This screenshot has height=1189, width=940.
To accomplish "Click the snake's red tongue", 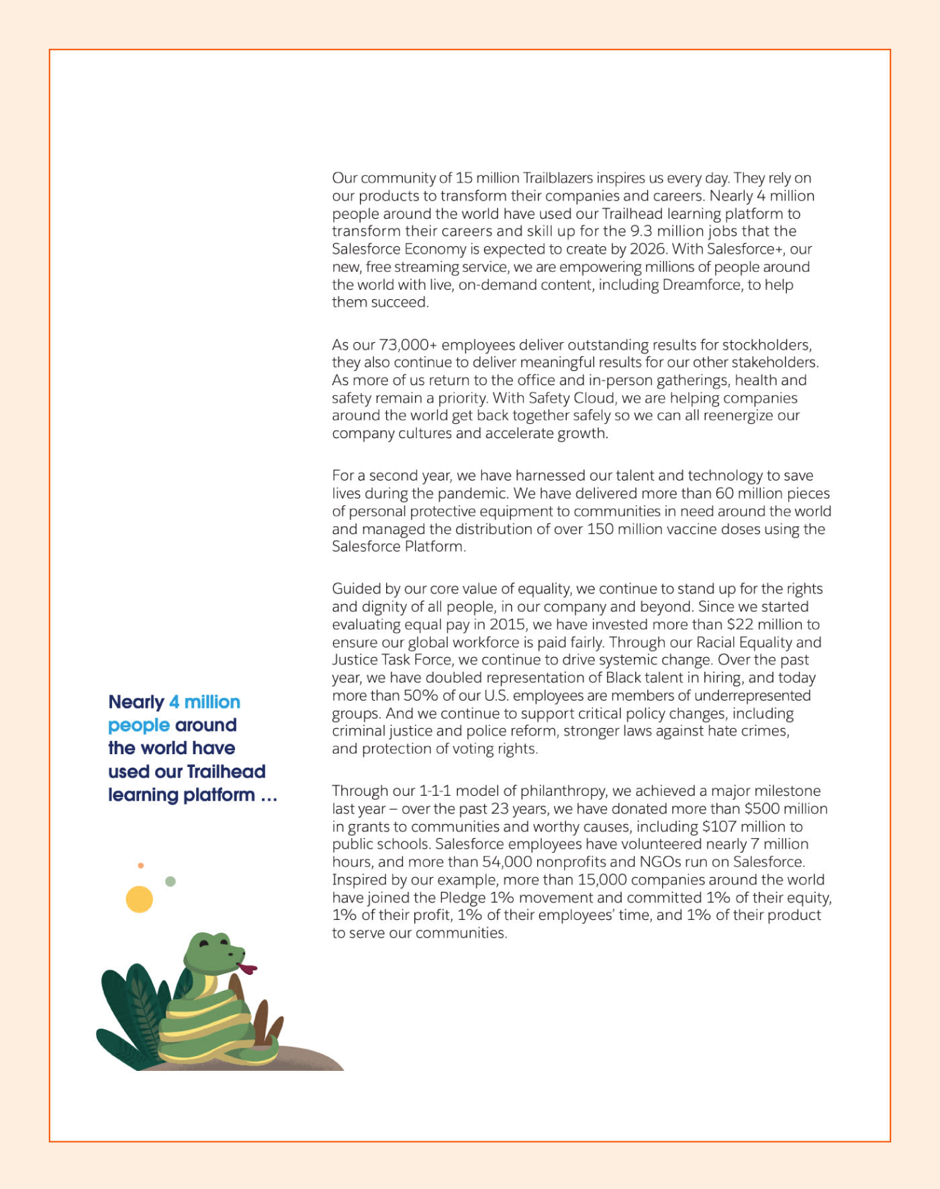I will pos(248,968).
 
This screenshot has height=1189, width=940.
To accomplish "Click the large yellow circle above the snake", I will pos(140,899).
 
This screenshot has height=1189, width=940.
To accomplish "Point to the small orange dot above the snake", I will pos(140,866).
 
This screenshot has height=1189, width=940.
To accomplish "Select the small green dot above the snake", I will pos(171,881).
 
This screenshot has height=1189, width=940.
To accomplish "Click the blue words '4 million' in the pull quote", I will pos(205,702).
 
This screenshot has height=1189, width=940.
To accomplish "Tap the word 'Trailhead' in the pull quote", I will pos(226,772).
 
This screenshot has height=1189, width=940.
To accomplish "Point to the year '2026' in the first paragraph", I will pos(647,249).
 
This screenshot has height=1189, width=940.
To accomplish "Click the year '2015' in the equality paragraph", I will pos(508,625).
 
